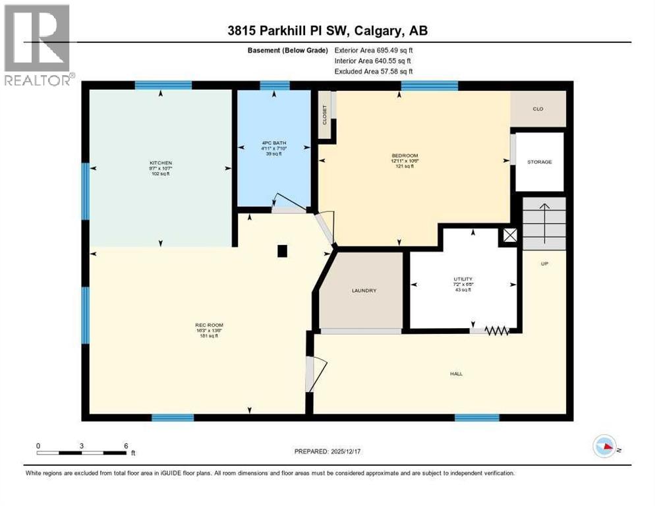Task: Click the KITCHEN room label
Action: tap(159, 162)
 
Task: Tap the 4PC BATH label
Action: tap(271, 143)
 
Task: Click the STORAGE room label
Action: tap(539, 161)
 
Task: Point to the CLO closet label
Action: tap(538, 109)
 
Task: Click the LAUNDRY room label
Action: tap(363, 290)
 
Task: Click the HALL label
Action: tap(456, 374)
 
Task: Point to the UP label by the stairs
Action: tap(544, 264)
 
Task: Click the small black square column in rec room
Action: tap(282, 250)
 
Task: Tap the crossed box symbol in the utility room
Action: tap(510, 236)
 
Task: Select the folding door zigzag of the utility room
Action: tap(498, 331)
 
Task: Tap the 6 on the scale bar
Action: tap(125, 445)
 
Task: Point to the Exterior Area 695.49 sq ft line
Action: tap(374, 50)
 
